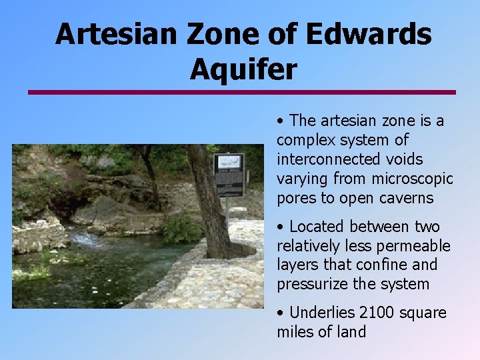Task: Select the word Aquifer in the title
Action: tap(243, 69)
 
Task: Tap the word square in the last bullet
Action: tap(423, 313)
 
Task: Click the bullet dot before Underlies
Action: tap(281, 313)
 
